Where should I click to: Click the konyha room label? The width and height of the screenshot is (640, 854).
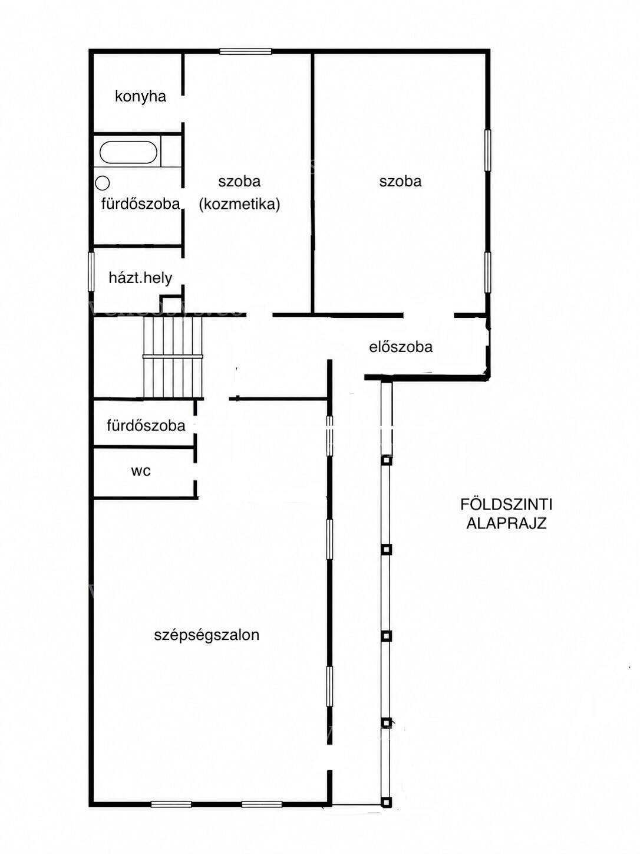click(x=140, y=97)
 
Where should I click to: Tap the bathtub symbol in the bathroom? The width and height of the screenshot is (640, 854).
click(x=128, y=152)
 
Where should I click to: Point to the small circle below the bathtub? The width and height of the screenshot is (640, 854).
click(x=103, y=182)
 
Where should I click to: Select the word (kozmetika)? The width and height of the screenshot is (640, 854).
click(x=239, y=204)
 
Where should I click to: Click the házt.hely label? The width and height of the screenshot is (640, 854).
click(x=140, y=278)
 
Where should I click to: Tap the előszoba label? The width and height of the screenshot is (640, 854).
click(x=401, y=347)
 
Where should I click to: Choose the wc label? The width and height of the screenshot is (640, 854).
click(x=141, y=471)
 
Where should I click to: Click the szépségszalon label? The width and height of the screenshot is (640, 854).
click(x=206, y=635)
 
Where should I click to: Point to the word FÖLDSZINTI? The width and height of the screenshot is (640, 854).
click(x=506, y=505)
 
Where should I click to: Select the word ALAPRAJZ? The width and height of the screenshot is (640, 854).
click(x=506, y=523)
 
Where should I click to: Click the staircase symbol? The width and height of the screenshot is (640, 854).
click(x=173, y=356)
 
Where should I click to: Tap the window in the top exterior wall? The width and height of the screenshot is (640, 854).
click(x=245, y=51)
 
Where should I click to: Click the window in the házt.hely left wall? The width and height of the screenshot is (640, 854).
click(x=91, y=271)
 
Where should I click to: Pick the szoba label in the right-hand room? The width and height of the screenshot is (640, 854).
click(x=400, y=181)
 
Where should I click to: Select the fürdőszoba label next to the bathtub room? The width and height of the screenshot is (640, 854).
click(x=141, y=203)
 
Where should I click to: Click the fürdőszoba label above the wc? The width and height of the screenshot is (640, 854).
click(x=146, y=425)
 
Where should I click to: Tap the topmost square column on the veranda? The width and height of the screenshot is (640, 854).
click(x=386, y=460)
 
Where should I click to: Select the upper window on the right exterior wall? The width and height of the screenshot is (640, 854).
click(x=488, y=150)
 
